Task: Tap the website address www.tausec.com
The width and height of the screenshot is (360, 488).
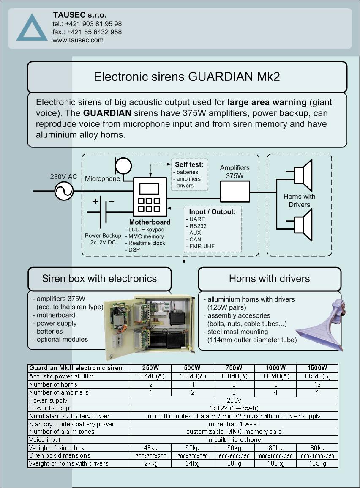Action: (x=78, y=40)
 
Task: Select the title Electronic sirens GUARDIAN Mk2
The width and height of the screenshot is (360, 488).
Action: (x=187, y=77)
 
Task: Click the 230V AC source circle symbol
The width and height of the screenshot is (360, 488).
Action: (x=64, y=191)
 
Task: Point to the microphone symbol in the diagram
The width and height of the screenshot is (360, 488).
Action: (x=123, y=166)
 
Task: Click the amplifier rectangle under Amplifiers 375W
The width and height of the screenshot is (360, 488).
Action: (x=235, y=192)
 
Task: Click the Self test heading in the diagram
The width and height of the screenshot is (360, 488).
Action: (x=189, y=164)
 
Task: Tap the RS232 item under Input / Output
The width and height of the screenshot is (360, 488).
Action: (x=198, y=226)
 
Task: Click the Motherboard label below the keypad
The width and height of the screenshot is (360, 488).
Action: (x=150, y=222)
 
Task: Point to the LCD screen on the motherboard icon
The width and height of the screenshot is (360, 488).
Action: (x=149, y=189)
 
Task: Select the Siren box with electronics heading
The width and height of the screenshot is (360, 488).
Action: (x=99, y=279)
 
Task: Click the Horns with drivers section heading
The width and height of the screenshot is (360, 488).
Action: (x=270, y=279)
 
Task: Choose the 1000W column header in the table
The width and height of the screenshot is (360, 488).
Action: (x=275, y=368)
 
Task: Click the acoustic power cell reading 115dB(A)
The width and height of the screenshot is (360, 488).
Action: (x=317, y=376)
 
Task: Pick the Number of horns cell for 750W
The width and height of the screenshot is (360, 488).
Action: (x=234, y=384)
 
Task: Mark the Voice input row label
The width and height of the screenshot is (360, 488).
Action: (x=45, y=440)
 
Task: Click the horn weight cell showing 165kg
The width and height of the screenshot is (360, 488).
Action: (x=317, y=463)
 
